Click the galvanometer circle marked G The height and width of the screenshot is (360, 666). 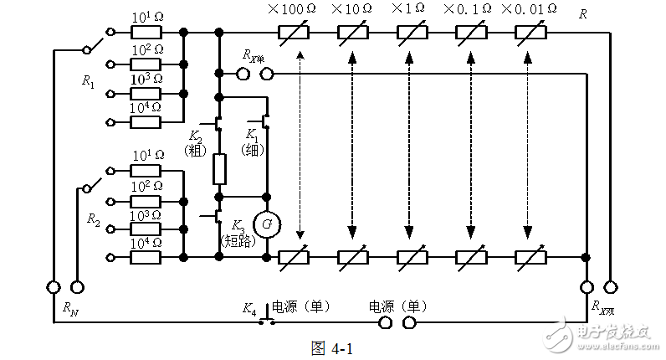click(x=267, y=224)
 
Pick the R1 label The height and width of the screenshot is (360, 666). click(x=89, y=81)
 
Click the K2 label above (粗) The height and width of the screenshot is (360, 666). click(x=195, y=136)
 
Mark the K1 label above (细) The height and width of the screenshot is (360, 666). click(x=252, y=136)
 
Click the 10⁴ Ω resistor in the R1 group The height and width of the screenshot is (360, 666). click(x=146, y=121)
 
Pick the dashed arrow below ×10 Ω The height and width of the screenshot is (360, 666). click(x=352, y=142)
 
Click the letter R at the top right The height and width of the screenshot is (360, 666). click(x=582, y=13)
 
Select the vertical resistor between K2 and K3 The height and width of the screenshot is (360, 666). click(x=219, y=168)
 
